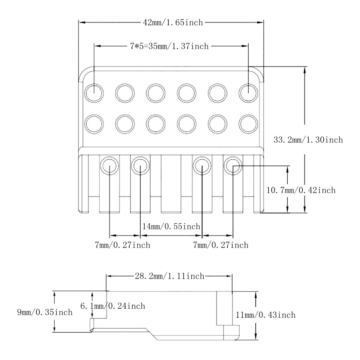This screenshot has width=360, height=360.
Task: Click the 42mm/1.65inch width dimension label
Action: click(173, 22)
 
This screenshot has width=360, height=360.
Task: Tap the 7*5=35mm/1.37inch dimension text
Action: click(169, 46)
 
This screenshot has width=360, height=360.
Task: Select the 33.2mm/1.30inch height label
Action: click(308, 140)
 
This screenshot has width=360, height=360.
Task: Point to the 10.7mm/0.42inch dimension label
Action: click(301, 190)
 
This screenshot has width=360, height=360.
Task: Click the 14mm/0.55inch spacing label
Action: click(171, 226)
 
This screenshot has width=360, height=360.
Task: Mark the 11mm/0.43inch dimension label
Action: click(265, 315)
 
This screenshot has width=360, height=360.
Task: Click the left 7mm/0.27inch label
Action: click(123, 245)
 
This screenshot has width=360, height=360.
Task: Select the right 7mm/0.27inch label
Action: click(220, 245)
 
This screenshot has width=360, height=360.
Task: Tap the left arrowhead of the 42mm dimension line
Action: click(82, 22)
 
